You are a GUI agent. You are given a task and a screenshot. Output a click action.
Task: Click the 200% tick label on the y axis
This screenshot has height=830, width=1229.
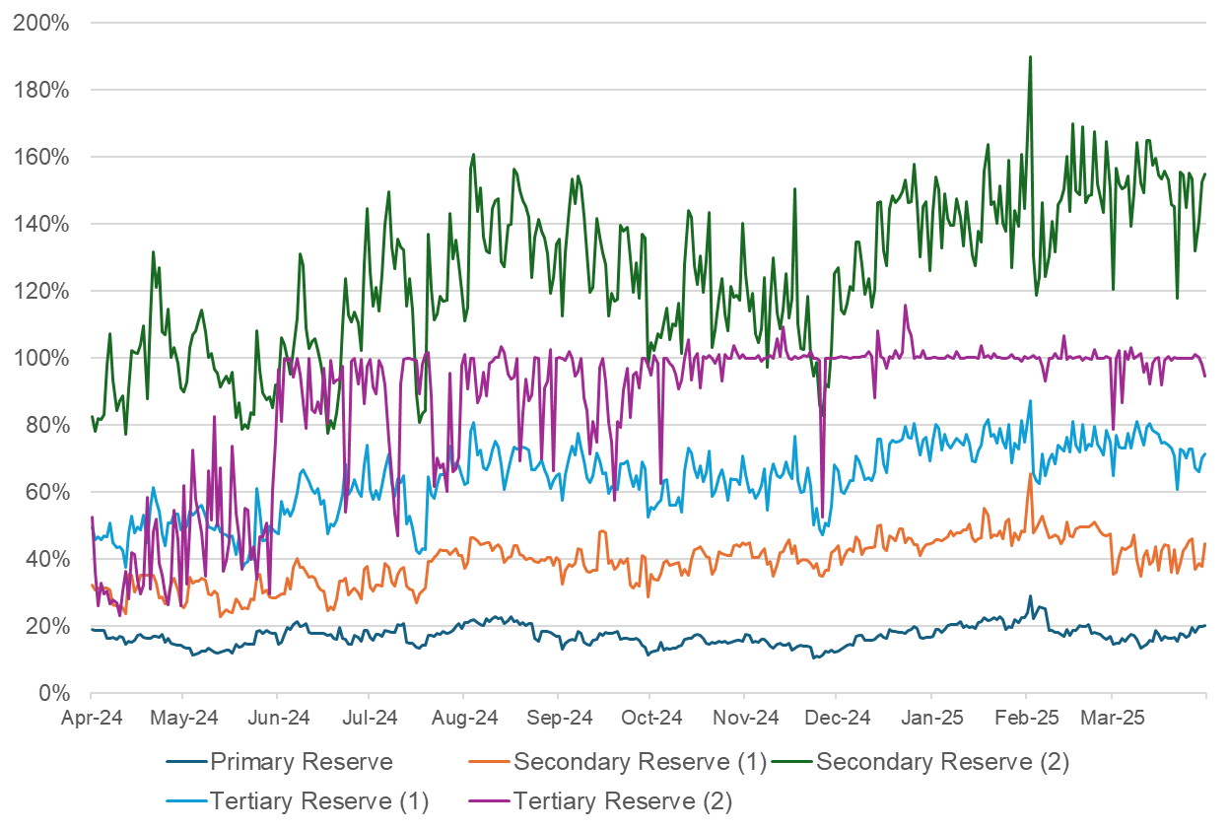[40, 23]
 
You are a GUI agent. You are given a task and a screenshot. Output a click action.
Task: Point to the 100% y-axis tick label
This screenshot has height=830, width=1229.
[40, 358]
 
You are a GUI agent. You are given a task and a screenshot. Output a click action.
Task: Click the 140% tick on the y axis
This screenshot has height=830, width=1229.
[40, 224]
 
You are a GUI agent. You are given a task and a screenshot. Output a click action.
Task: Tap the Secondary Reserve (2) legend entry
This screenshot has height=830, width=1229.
[942, 762]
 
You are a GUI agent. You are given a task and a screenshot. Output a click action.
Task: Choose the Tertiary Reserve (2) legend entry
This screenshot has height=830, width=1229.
[623, 801]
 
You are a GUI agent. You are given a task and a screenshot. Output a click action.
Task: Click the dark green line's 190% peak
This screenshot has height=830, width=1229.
[1030, 57]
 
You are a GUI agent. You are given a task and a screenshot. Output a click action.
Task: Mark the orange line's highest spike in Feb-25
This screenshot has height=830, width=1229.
[1030, 474]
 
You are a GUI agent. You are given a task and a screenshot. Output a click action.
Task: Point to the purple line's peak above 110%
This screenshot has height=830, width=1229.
[905, 306]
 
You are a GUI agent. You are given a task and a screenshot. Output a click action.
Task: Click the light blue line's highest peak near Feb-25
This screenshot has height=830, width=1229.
[1030, 401]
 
